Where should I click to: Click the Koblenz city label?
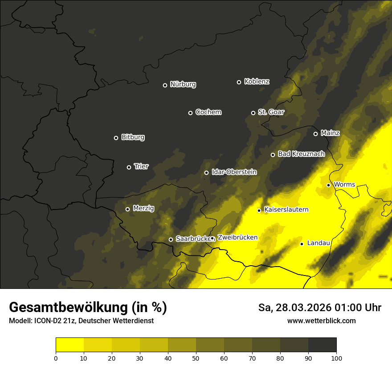(257, 82)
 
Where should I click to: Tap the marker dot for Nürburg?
(165, 85)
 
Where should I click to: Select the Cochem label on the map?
(208, 112)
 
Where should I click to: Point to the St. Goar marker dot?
(253, 113)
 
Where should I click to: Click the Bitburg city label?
(133, 137)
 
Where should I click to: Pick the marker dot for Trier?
(129, 167)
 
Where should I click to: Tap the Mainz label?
(330, 133)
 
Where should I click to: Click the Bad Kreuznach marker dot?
(273, 155)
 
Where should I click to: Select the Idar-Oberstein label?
(234, 172)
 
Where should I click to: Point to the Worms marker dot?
(328, 185)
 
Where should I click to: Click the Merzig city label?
(143, 208)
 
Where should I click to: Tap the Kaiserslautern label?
(286, 210)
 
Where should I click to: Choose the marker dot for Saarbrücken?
(171, 239)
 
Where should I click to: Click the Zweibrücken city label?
(237, 238)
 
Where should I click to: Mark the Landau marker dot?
(302, 244)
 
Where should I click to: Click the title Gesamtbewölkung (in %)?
(88, 308)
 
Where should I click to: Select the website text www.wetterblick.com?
(321, 321)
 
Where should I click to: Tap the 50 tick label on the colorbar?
(196, 358)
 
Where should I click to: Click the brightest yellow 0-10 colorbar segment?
(69, 345)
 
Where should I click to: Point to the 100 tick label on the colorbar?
(336, 358)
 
